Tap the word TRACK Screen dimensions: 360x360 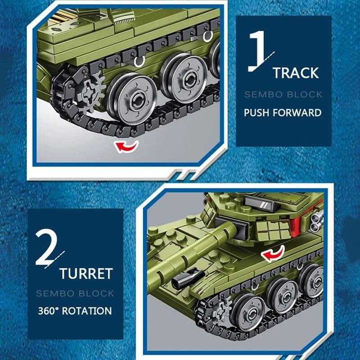click(295, 73)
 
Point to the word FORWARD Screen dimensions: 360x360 click(299, 112)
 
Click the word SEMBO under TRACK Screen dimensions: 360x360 click(262, 94)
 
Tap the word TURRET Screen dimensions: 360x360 click(85, 273)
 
